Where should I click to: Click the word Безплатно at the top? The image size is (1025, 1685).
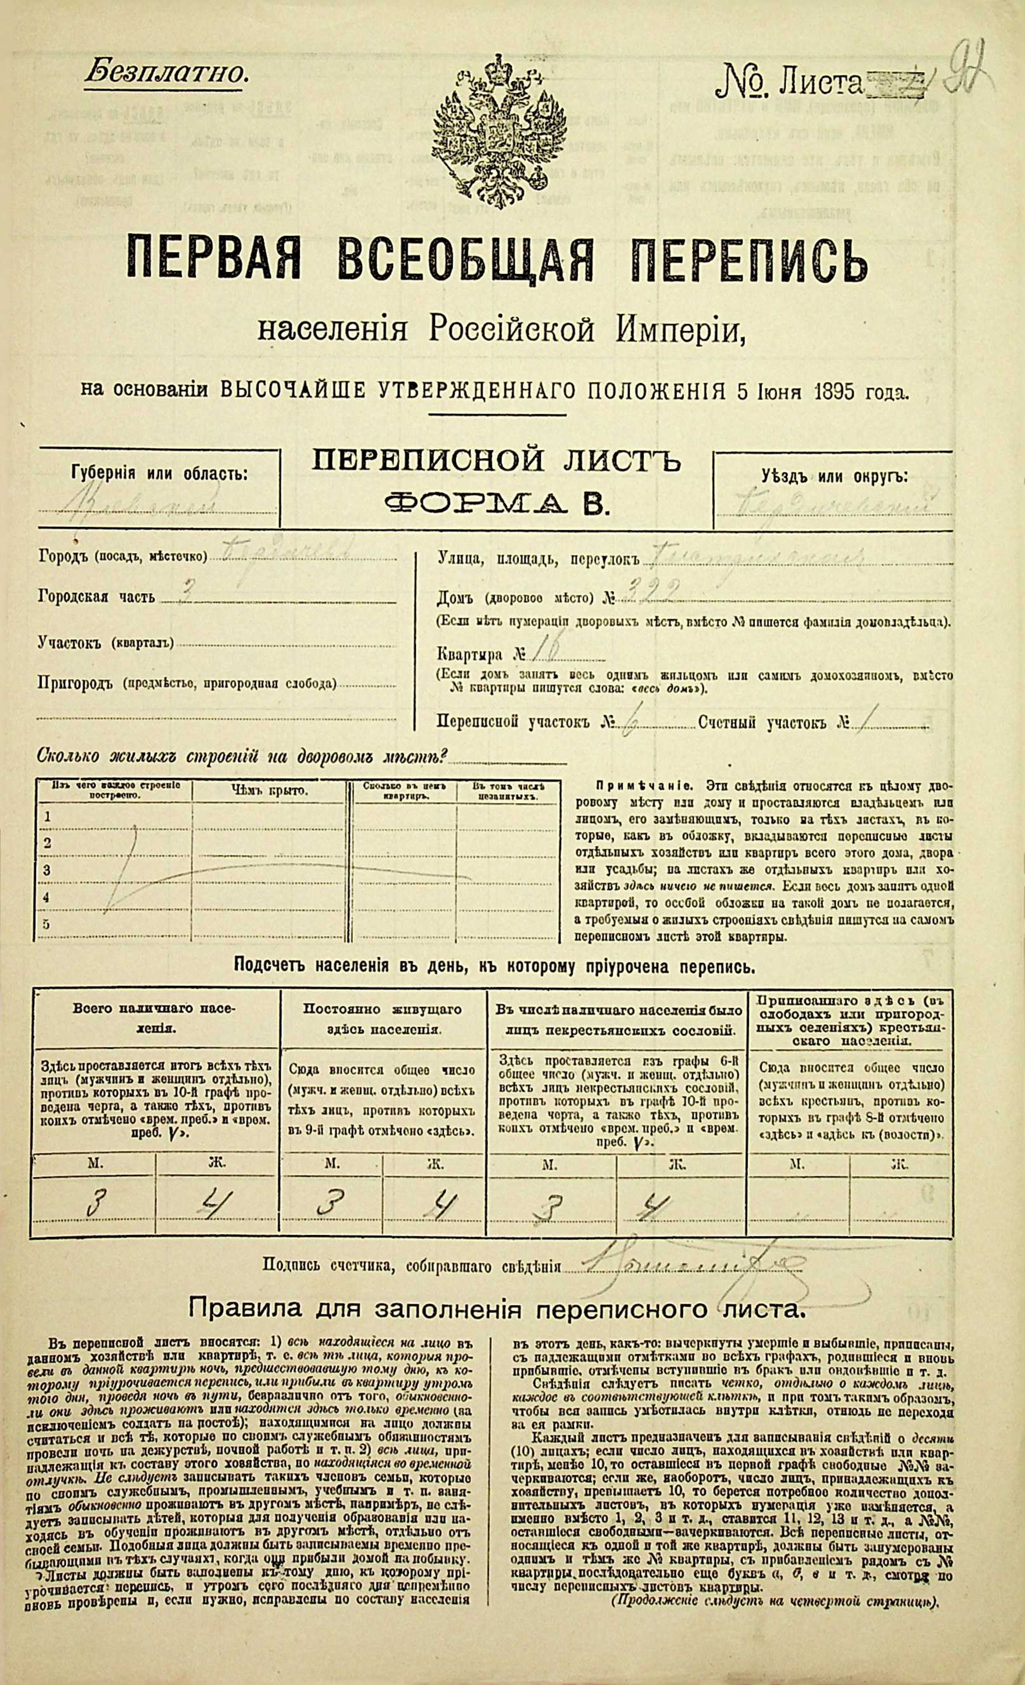pyautogui.click(x=166, y=73)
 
